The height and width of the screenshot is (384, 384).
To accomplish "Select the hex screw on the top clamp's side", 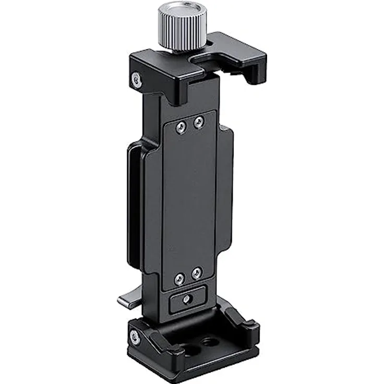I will [136, 79].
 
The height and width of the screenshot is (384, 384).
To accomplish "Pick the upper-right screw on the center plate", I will [199, 123].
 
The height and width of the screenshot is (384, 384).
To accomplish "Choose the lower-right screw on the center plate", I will [197, 273].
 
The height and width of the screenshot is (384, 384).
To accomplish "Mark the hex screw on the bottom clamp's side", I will [135, 337].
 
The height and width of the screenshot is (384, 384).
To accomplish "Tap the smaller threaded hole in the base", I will [210, 342].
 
